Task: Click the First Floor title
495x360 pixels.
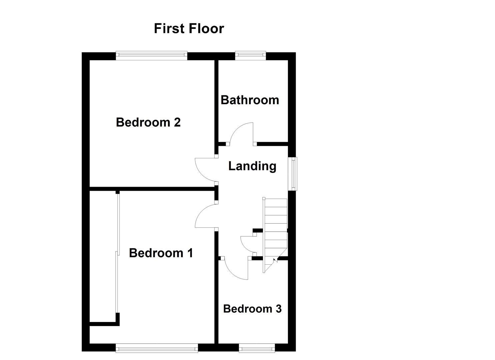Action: click(189, 29)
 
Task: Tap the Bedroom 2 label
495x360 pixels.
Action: click(148, 122)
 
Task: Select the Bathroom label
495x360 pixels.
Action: click(250, 100)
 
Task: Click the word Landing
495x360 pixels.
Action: click(252, 166)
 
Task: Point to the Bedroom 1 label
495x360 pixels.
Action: click(161, 253)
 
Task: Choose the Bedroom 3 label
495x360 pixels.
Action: click(252, 309)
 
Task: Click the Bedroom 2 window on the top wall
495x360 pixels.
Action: click(152, 56)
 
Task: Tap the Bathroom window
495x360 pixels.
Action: click(250, 56)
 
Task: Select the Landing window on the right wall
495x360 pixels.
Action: click(293, 173)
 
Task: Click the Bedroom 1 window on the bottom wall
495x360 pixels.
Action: click(157, 348)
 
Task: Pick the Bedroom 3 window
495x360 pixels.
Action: click(257, 348)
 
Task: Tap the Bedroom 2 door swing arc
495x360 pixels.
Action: click(204, 170)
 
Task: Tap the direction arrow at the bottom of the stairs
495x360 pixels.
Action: click(275, 260)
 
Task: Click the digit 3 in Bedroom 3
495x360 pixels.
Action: click(278, 309)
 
